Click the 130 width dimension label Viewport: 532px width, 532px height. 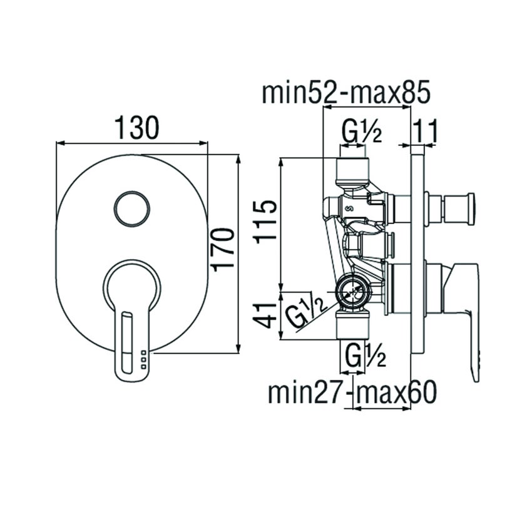tap(137, 128)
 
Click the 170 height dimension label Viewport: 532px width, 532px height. tap(224, 249)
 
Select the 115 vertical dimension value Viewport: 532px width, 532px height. tap(267, 220)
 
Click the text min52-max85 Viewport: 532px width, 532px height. tap(346, 93)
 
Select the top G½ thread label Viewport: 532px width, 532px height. tap(361, 132)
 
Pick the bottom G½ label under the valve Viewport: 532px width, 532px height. tap(364, 357)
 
